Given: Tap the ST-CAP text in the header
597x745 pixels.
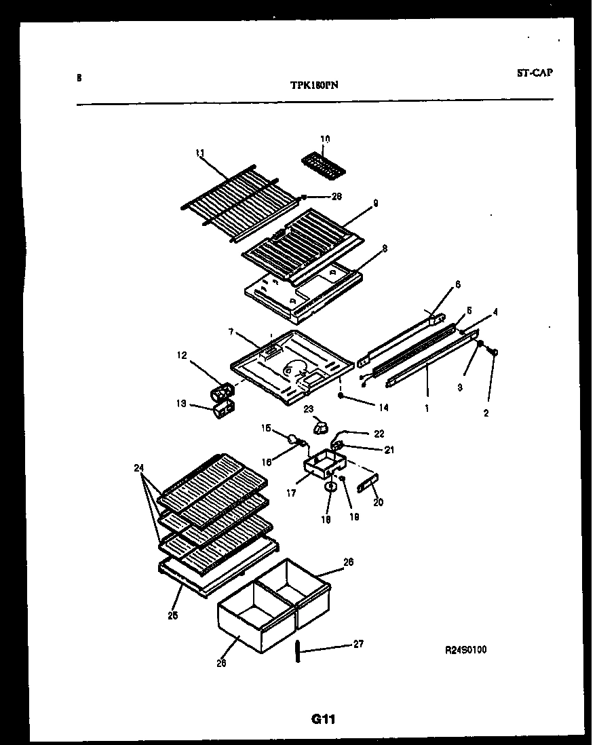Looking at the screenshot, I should [533, 73].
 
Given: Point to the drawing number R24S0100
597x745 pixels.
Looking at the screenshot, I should [465, 650].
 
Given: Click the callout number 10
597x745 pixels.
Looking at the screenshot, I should [324, 139].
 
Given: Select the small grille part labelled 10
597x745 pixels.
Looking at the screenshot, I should [323, 165].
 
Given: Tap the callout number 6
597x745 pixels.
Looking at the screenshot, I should [457, 285].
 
